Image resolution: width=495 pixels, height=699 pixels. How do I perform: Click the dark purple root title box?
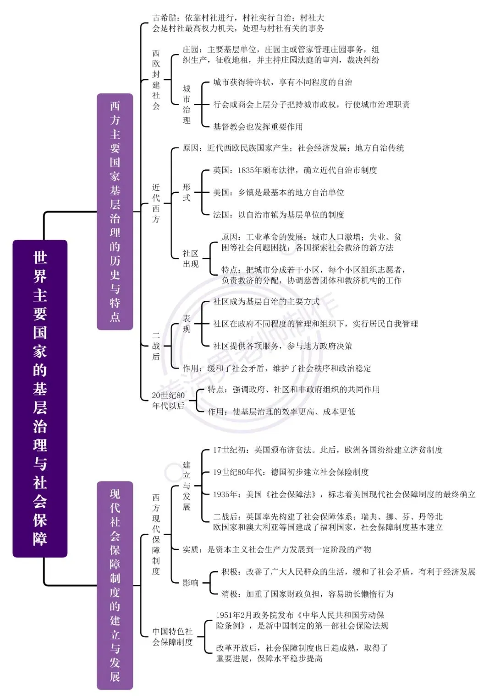click(40, 399)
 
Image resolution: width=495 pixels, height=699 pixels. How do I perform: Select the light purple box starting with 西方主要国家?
click(115, 211)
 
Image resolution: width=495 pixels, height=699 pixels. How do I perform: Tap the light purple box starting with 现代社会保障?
click(115, 585)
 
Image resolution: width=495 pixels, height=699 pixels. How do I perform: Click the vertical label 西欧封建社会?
click(156, 80)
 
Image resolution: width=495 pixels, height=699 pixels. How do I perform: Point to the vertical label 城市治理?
click(187, 104)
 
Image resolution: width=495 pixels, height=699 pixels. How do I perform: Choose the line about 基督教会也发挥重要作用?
click(258, 127)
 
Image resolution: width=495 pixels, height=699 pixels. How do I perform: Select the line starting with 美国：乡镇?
click(279, 192)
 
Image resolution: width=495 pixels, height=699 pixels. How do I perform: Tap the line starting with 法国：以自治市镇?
click(279, 215)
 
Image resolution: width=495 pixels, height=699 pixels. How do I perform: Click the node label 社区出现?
click(191, 259)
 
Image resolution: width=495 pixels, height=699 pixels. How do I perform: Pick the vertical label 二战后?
click(156, 346)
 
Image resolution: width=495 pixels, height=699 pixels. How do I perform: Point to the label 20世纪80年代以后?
click(169, 401)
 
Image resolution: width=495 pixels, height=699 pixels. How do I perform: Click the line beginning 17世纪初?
click(328, 450)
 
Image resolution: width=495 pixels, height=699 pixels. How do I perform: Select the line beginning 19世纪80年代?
click(291, 472)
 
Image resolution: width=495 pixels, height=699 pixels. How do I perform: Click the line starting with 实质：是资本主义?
click(277, 549)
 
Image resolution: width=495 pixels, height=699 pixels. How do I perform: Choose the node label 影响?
click(191, 583)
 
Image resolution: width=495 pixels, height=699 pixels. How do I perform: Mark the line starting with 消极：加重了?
click(308, 594)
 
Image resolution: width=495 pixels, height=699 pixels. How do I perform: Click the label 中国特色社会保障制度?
click(172, 637)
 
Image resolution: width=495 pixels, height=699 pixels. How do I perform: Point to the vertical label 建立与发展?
click(187, 486)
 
